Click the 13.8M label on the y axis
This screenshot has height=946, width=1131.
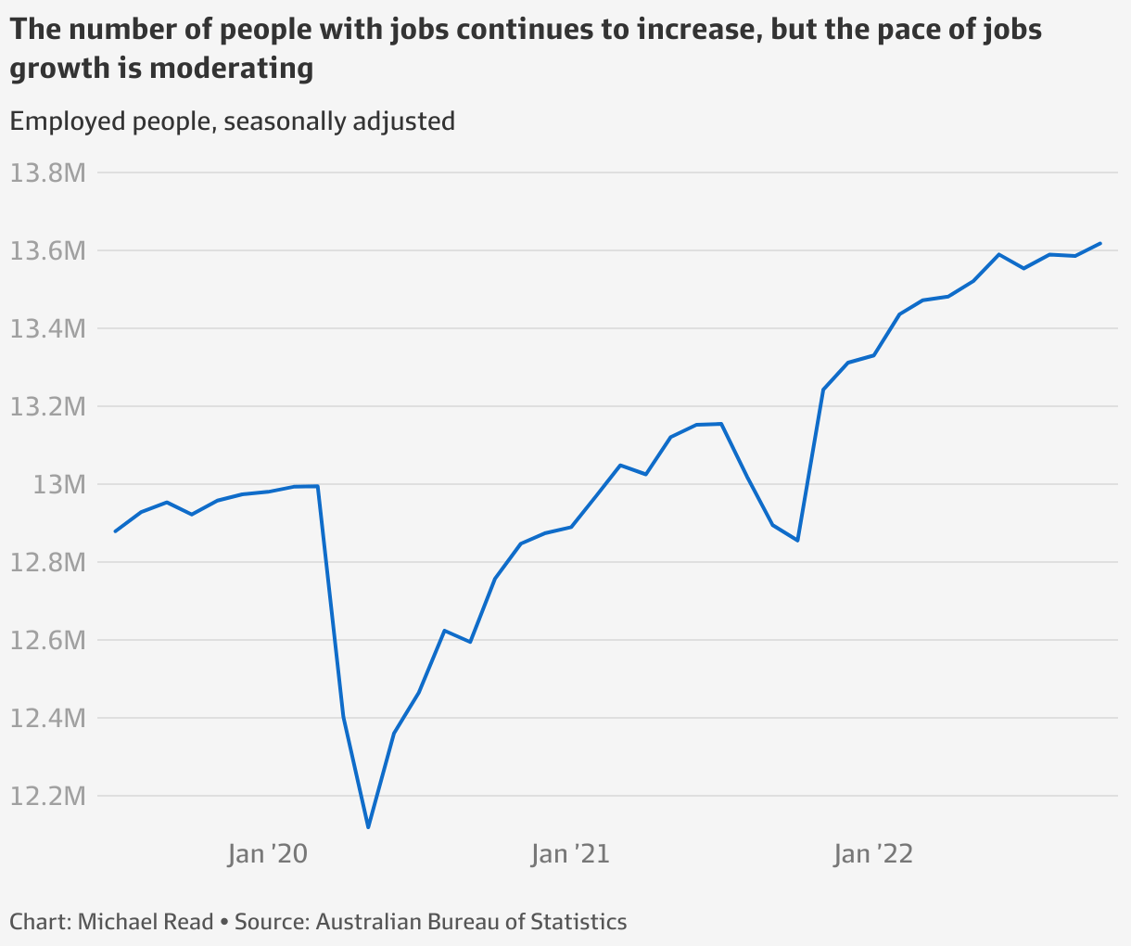point(47,173)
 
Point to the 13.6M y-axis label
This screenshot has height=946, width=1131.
point(47,250)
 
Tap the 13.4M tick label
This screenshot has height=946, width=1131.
point(47,328)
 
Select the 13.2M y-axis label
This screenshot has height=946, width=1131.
point(47,406)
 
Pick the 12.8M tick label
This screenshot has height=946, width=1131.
point(47,562)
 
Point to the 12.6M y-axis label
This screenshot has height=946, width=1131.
point(47,640)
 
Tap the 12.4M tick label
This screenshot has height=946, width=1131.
point(47,718)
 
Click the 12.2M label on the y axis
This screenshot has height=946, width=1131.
point(47,796)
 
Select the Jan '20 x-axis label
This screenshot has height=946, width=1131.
point(267,853)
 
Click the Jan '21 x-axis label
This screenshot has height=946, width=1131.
point(570,853)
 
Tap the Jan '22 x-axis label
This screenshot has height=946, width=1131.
point(873,853)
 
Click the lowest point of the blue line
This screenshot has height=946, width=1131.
point(368,827)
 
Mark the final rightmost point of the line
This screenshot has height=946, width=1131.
point(1100,243)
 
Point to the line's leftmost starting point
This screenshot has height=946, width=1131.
point(115,531)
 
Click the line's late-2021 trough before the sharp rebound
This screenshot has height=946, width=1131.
point(797,541)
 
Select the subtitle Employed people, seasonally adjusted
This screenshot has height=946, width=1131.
point(233,121)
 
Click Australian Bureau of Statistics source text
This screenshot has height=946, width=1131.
point(471,922)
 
